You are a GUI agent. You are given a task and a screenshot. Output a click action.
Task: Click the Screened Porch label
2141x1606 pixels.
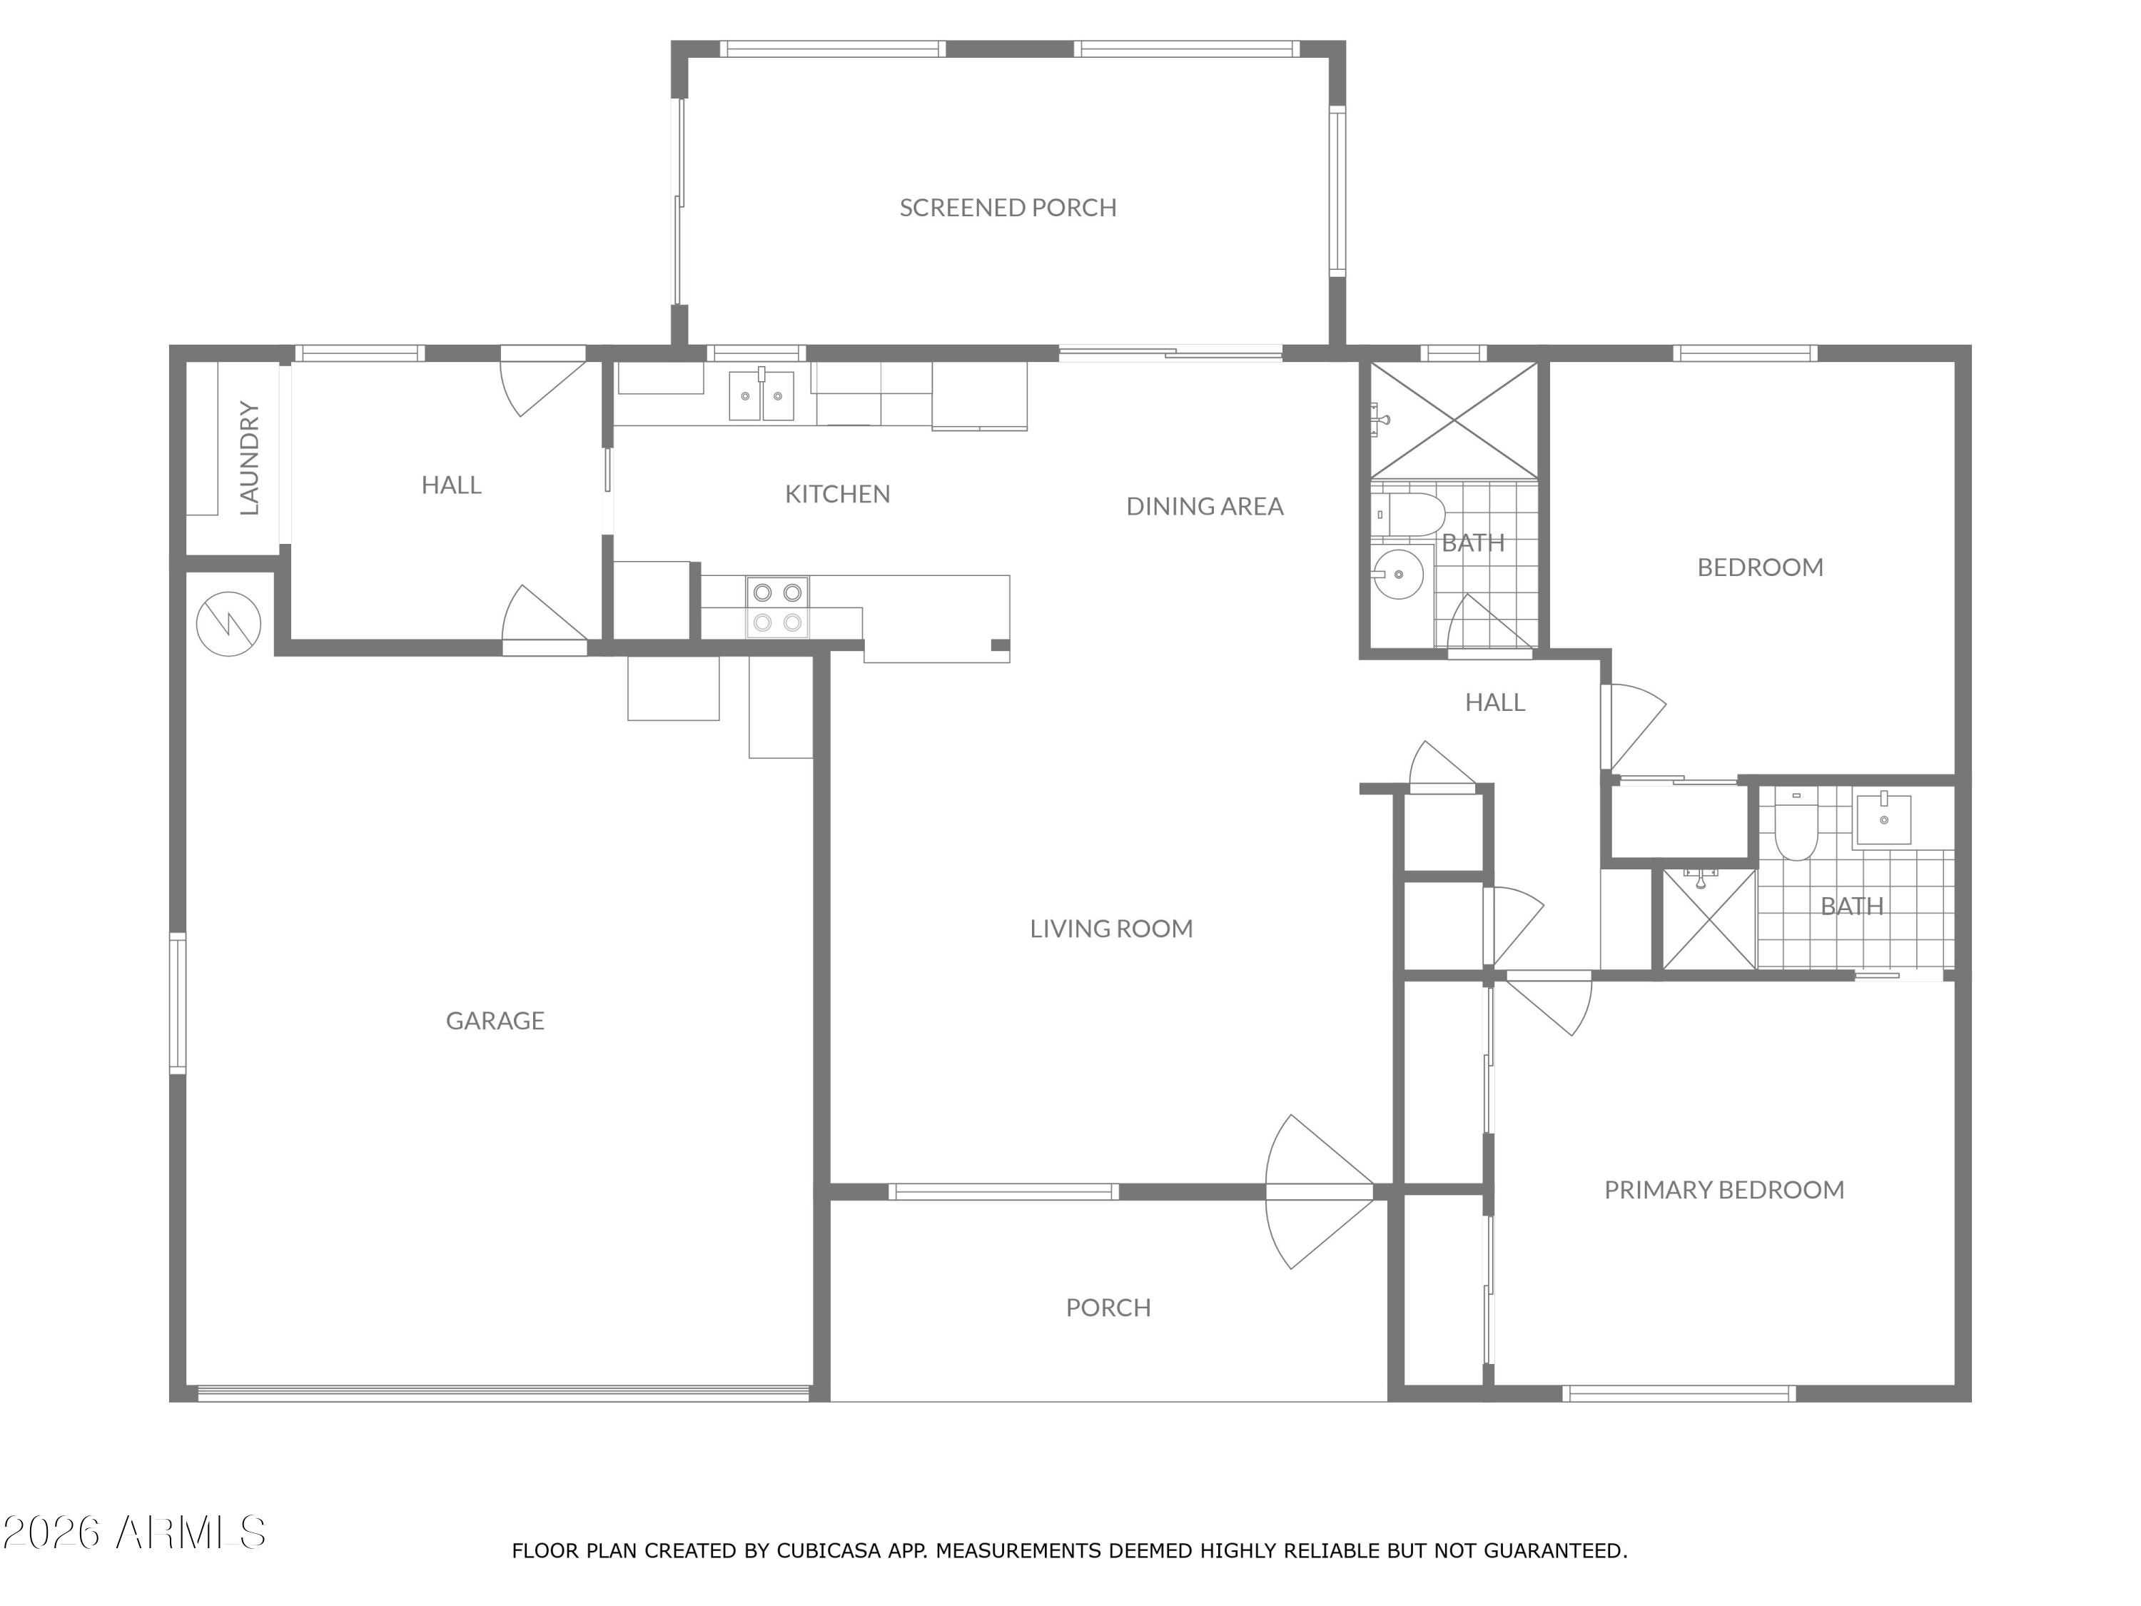click(x=1008, y=207)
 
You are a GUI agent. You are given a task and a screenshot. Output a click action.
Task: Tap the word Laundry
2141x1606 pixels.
click(x=249, y=458)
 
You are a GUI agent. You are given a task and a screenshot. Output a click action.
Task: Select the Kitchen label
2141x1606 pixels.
click(x=837, y=494)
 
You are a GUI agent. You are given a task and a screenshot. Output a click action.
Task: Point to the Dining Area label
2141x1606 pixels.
click(x=1205, y=506)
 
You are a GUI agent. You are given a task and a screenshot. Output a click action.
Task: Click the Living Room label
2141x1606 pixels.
click(x=1111, y=929)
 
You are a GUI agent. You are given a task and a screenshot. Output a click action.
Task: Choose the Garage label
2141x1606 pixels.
click(x=495, y=1020)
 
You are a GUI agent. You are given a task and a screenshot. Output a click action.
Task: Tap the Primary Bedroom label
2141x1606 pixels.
click(x=1724, y=1190)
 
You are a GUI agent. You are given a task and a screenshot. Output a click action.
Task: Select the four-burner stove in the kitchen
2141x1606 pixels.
click(x=777, y=607)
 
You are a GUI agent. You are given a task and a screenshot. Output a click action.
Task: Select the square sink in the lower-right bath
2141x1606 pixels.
click(x=1883, y=819)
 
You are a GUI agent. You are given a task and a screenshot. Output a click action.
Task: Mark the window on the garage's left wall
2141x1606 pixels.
click(x=178, y=1003)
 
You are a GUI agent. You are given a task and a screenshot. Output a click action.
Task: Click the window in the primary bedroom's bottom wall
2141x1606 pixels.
click(x=1679, y=1394)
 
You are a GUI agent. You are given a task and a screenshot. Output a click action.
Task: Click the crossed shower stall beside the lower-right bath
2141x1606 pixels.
click(x=1709, y=919)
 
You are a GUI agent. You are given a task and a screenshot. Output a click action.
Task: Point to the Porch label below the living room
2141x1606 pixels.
click(x=1108, y=1308)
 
